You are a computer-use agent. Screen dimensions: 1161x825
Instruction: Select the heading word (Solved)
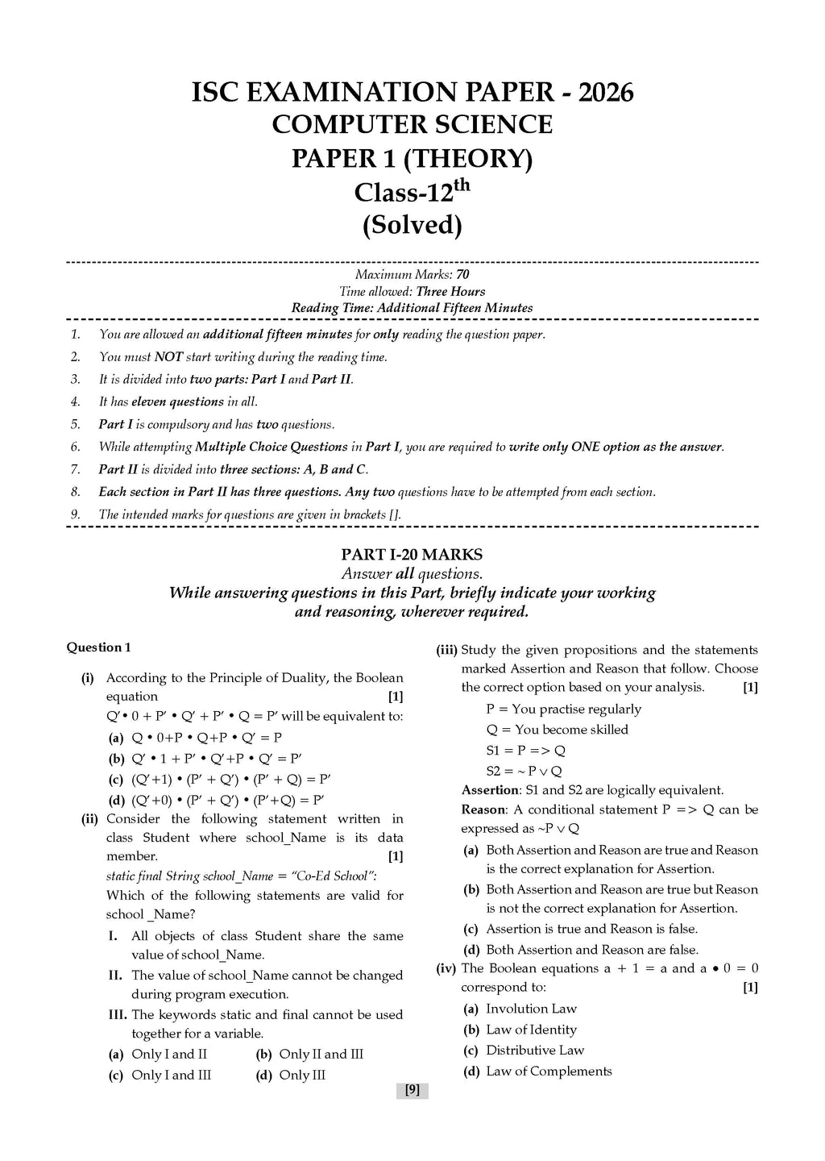(412, 225)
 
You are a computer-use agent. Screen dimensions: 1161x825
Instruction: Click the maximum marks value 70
(462, 275)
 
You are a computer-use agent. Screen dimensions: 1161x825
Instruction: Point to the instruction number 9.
(75, 514)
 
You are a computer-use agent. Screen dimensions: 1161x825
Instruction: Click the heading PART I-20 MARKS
(412, 555)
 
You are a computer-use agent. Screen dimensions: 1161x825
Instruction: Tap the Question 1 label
(98, 647)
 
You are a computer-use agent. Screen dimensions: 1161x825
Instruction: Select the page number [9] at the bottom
(412, 1090)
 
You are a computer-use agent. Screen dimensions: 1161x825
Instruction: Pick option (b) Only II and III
(321, 1054)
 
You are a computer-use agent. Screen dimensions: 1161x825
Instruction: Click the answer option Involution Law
(531, 1009)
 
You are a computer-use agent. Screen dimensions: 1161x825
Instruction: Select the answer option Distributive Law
(535, 1050)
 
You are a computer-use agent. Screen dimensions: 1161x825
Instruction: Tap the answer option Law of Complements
(549, 1071)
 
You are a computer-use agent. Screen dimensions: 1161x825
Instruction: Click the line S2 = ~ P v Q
(524, 771)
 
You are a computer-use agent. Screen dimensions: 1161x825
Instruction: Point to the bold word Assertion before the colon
(489, 790)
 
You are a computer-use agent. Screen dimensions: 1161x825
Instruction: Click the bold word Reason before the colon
(483, 809)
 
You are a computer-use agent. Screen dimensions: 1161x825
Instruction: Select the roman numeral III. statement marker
(118, 1014)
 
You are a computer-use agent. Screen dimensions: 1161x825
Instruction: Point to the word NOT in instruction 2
(168, 356)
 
